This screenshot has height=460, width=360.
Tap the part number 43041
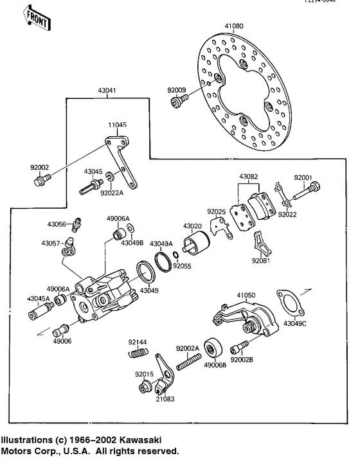[x=107, y=91]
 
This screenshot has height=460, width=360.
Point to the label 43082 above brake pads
[x=249, y=176]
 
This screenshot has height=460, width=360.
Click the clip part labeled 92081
[x=260, y=242]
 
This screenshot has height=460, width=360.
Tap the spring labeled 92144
[x=138, y=353]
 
